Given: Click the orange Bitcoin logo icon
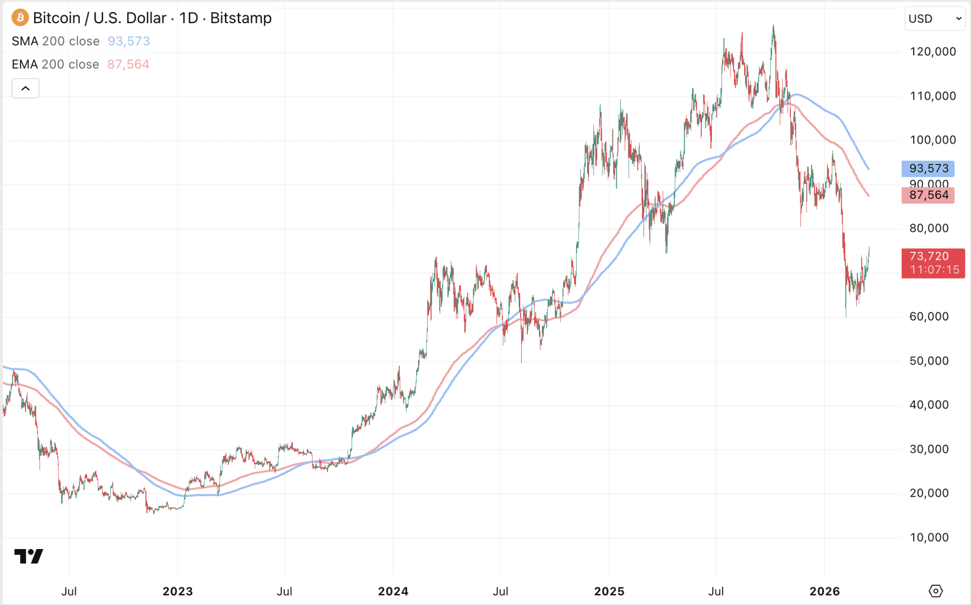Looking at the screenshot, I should tap(20, 18).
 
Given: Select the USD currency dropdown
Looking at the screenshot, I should tap(935, 19).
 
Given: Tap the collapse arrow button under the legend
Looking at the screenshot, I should tap(26, 89).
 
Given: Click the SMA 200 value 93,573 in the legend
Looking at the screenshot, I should tap(129, 41).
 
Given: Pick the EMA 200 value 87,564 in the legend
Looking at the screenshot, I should tap(128, 64).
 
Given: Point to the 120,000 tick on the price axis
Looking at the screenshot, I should tap(933, 52).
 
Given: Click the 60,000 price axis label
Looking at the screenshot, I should tap(929, 317).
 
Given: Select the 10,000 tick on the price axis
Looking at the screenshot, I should tap(929, 537).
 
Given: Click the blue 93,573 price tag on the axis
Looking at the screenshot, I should tap(928, 169).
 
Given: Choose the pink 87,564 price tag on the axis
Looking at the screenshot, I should tap(928, 195).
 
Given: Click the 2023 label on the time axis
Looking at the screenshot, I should tap(178, 591).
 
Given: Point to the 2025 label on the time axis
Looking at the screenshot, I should tap(609, 591).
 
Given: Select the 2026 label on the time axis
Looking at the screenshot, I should tap(825, 591).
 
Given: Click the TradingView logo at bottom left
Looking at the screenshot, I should tap(29, 556).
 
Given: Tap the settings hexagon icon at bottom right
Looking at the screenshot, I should tap(935, 591).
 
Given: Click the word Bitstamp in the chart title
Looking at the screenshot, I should tap(241, 18).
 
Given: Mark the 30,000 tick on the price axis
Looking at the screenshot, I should tap(929, 449).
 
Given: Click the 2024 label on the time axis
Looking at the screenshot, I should tap(393, 591).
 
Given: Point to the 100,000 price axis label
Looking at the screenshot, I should tap(933, 140).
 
